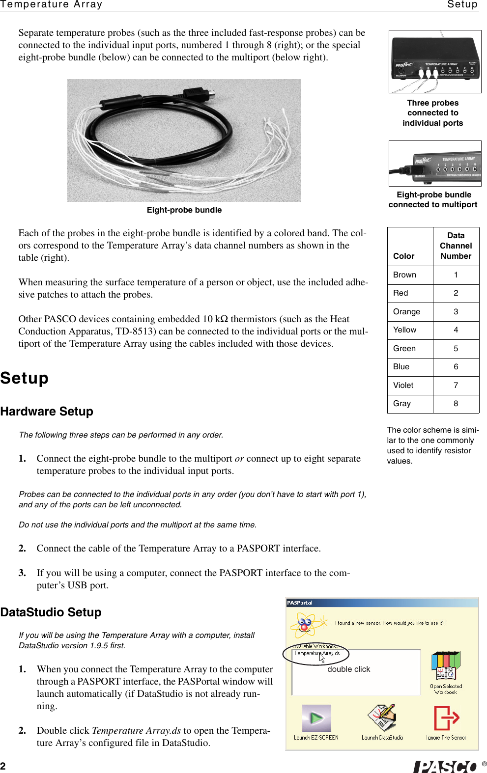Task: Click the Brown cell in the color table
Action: pos(404,275)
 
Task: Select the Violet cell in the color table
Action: pos(403,386)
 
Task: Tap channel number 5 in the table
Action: pos(456,349)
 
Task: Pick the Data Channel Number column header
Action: pos(456,246)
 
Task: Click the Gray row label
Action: pos(401,404)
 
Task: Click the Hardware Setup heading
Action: pos(47,412)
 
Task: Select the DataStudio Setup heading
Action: pos(51,612)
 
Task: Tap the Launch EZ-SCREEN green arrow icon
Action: pos(316,718)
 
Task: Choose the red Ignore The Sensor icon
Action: pos(446,718)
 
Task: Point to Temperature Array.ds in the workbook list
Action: pos(317,653)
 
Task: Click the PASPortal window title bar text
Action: pos(300,603)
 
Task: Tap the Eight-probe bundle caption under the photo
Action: pos(184,210)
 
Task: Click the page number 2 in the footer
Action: pos(3,766)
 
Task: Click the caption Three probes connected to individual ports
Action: pos(432,113)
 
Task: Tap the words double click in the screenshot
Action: pos(348,669)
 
